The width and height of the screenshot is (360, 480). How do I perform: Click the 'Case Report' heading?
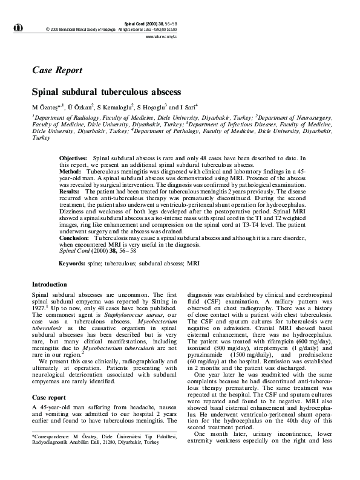[x=57, y=70]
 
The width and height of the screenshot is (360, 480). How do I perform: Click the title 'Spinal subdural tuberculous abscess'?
[x=106, y=92]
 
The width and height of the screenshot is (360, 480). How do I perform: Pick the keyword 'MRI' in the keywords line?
[x=194, y=264]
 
